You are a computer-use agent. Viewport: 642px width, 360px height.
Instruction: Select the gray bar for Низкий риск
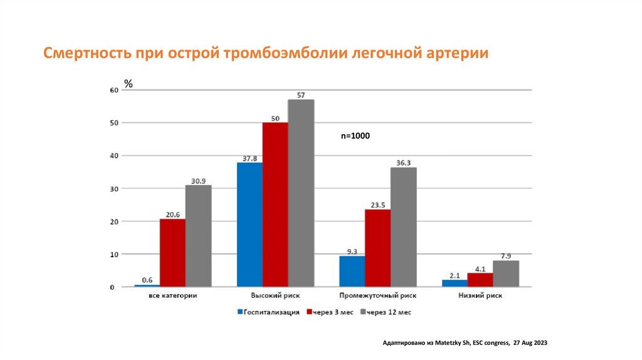pos(506,273)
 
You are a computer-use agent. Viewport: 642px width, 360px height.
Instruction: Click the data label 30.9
pos(198,181)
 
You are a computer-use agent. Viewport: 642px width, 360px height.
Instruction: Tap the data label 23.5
pos(377,204)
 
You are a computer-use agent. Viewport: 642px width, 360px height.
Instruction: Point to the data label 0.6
pos(147,280)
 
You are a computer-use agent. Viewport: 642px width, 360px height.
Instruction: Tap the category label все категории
pos(173,295)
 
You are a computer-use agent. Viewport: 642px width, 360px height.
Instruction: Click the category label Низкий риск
pos(481,295)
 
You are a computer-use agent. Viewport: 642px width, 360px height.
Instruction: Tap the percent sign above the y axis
pos(128,83)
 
